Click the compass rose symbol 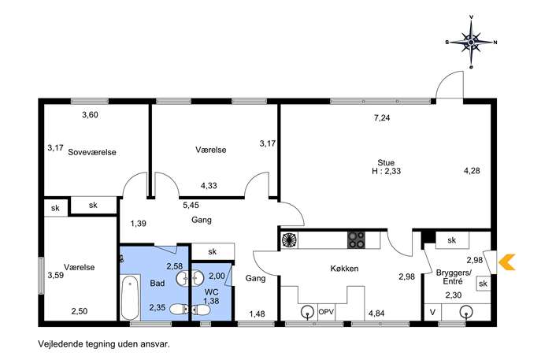471,42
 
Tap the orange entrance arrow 507,262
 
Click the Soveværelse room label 92,152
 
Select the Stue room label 386,162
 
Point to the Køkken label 344,268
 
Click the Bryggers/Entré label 454,276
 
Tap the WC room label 211,292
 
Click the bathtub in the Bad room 130,298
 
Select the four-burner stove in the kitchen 357,239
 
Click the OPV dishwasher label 326,312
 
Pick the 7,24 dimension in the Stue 382,117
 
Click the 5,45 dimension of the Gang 191,205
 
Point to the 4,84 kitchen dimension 376,314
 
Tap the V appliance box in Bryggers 432,312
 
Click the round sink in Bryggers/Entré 465,312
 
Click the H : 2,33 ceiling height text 387,171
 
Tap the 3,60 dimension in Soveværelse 90,114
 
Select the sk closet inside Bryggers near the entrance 483,284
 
